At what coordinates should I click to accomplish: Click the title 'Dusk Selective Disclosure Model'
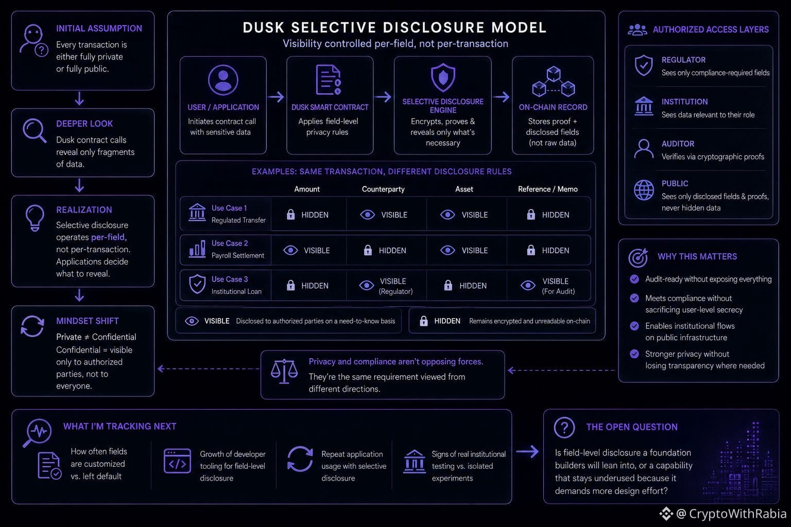[394, 27]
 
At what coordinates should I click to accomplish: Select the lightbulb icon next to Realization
[35, 218]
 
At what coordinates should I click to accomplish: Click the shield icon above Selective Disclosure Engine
[443, 78]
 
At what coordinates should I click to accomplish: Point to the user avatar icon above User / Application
[223, 80]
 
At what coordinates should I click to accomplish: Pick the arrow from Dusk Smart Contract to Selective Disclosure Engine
[383, 97]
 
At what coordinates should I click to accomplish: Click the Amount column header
[307, 189]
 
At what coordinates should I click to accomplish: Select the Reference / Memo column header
[548, 189]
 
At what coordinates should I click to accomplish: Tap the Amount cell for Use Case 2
[306, 250]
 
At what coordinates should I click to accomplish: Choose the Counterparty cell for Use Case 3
[386, 286]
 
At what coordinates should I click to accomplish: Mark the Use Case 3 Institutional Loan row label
[226, 285]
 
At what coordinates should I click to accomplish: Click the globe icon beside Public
[643, 190]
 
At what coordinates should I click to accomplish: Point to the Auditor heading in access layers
[678, 144]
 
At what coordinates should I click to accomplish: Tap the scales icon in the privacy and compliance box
[284, 372]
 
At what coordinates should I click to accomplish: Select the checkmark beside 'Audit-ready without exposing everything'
[634, 279]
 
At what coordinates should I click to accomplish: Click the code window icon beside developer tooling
[177, 461]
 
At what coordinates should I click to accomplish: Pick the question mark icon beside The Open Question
[564, 428]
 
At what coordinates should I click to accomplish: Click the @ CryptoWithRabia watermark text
[731, 514]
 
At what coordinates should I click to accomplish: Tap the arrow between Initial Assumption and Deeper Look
[79, 99]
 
